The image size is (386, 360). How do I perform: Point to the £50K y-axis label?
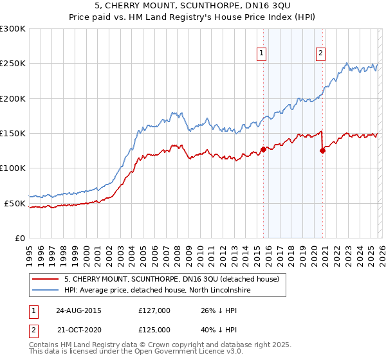click(x=15, y=203)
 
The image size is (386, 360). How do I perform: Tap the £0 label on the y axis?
click(x=20, y=238)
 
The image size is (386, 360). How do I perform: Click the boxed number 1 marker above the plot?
click(x=262, y=54)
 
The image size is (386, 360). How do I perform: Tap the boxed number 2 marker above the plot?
click(x=320, y=54)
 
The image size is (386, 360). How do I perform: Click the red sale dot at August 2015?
click(x=263, y=150)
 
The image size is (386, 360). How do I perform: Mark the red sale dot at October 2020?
click(x=322, y=151)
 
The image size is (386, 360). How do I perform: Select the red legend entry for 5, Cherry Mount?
click(x=171, y=280)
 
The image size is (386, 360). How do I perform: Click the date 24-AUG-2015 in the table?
click(x=78, y=310)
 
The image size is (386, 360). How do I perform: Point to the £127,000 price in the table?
click(x=154, y=310)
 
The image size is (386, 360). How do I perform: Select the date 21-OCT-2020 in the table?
click(x=78, y=328)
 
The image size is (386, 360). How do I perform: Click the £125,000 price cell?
click(x=154, y=328)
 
